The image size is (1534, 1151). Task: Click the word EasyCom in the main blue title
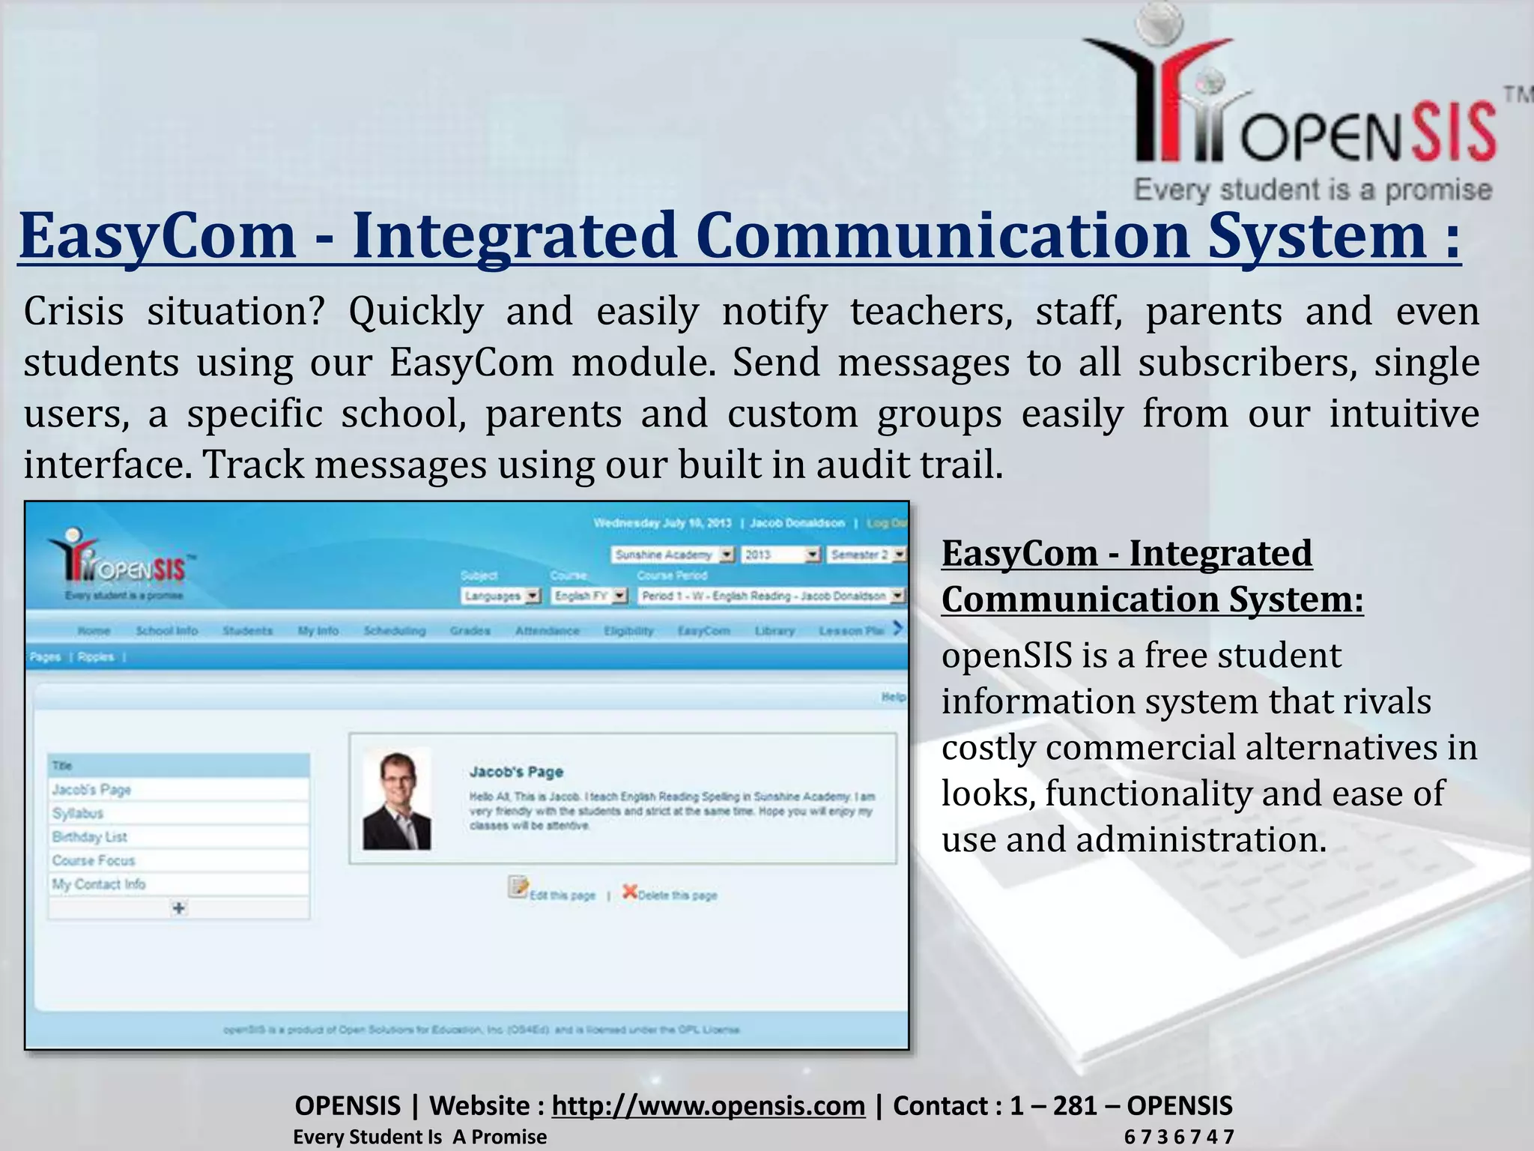point(157,236)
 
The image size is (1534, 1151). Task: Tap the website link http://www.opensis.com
point(708,1105)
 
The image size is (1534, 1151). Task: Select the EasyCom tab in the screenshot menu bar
point(703,631)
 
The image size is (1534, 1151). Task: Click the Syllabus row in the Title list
point(78,813)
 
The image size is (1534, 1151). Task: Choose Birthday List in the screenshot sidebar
point(89,837)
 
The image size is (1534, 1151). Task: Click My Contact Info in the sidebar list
point(98,884)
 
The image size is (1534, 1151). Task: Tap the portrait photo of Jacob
point(397,800)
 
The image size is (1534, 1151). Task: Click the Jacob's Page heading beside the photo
point(516,772)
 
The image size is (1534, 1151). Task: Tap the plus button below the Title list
point(179,908)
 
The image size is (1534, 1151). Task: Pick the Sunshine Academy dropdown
point(673,555)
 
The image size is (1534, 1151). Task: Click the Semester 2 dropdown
point(867,555)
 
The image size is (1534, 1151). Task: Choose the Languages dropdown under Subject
point(500,596)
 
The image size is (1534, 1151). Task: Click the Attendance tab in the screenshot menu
point(547,631)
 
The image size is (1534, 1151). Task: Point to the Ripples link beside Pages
point(96,657)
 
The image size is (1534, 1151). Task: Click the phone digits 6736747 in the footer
point(1178,1137)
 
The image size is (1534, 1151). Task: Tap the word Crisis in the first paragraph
point(73,311)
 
